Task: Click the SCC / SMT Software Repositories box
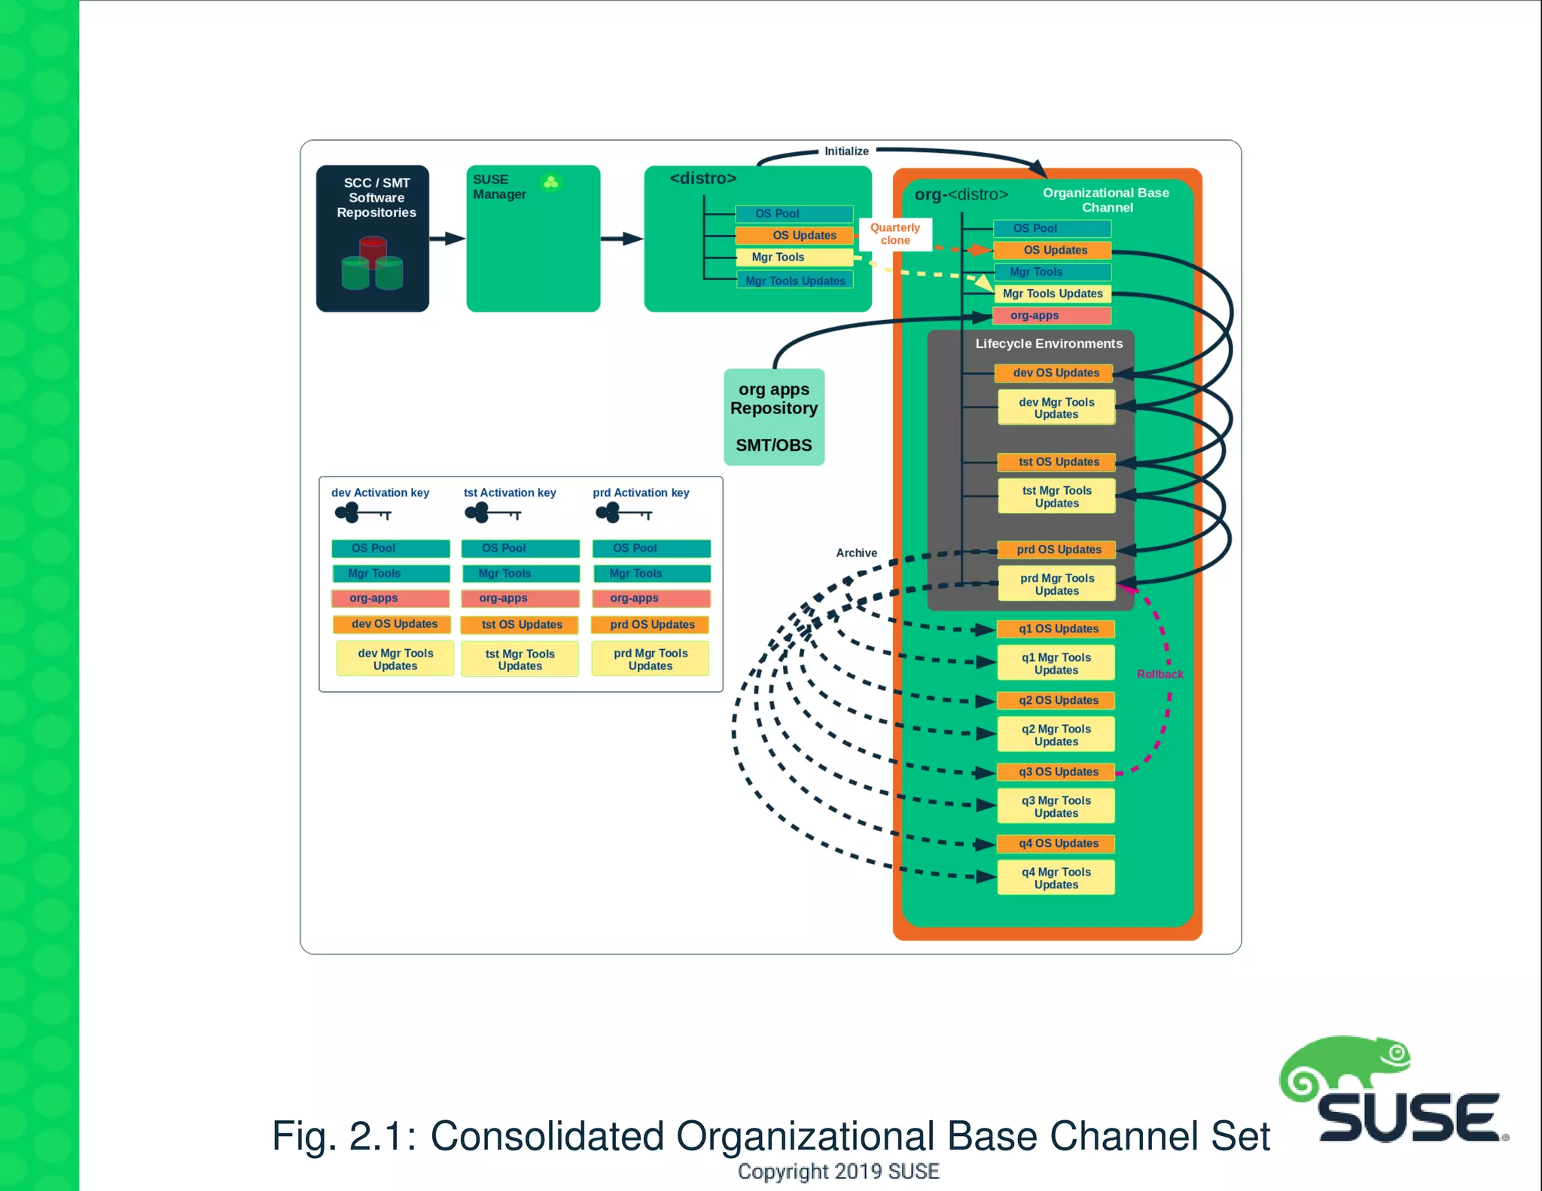coord(372,238)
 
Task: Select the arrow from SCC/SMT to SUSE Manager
coord(447,239)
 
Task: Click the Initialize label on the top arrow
coord(846,151)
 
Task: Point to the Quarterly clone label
coord(894,233)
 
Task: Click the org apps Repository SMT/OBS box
coord(773,416)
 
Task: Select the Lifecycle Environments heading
coord(1048,343)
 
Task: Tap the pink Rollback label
coord(1160,674)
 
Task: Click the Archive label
coord(856,553)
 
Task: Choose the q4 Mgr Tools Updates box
coord(1056,878)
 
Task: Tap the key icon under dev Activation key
coord(363,514)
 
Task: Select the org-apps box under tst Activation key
coord(520,598)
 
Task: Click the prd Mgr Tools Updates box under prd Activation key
coord(651,659)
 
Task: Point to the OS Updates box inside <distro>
coord(796,236)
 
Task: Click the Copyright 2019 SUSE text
coord(838,1171)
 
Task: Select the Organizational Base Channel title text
coord(1105,200)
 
